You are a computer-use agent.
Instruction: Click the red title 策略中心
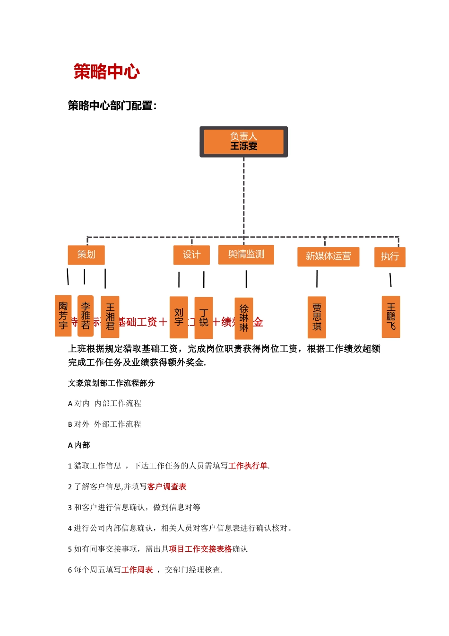106,72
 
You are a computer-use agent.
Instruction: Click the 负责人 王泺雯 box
243,141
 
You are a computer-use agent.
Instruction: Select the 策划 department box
86,255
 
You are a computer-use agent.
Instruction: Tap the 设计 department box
191,255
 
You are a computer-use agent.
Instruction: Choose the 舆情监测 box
246,255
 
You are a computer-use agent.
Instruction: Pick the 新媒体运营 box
328,256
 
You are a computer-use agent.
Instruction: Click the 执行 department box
389,256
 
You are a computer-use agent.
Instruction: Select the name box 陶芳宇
63,316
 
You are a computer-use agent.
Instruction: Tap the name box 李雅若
86,316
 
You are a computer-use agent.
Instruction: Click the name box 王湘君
110,317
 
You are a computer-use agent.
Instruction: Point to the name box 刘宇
179,317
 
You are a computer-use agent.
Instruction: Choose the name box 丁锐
204,318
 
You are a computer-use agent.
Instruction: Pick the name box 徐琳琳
244,318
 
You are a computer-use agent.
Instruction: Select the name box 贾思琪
317,317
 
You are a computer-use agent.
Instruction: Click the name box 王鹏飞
391,317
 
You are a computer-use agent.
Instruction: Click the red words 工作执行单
248,466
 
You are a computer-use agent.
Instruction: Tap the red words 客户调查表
166,486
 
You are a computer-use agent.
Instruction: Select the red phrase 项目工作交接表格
200,549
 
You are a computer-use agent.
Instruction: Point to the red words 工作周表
137,570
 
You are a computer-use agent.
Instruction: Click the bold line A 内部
79,445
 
